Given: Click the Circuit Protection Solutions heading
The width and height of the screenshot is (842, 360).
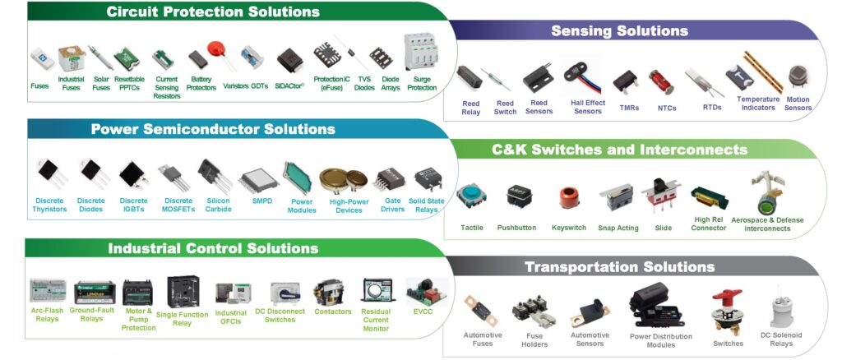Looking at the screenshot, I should (212, 12).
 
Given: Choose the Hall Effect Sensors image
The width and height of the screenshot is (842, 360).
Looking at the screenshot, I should (585, 76).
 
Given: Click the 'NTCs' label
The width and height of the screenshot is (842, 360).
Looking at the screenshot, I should (667, 108).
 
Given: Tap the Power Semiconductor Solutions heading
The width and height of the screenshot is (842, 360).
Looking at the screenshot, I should (213, 129).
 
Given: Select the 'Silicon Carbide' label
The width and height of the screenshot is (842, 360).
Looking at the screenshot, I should (218, 205).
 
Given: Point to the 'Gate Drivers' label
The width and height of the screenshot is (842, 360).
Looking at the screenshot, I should (392, 205).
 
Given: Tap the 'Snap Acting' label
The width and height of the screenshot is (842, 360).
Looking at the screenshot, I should (618, 228).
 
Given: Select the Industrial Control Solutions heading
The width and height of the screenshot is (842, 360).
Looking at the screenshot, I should (213, 248).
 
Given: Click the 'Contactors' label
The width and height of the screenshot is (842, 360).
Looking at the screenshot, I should (333, 312).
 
